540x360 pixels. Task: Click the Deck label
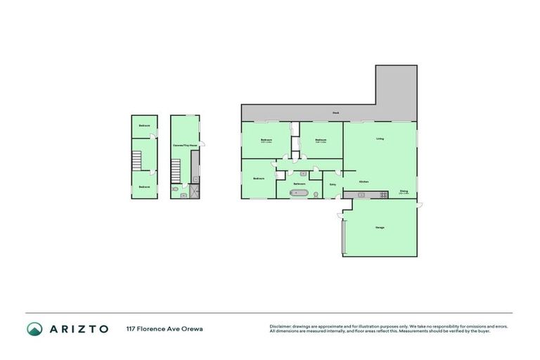click(336, 112)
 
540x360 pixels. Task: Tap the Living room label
click(380, 139)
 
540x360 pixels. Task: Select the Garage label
click(380, 227)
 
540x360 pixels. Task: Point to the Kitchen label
click(364, 181)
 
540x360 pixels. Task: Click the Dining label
click(404, 191)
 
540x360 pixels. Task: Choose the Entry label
click(333, 185)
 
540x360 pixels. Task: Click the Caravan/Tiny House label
click(185, 145)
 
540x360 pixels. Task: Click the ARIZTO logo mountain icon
click(34, 328)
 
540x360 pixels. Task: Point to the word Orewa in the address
click(193, 328)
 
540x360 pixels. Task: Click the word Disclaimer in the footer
click(280, 326)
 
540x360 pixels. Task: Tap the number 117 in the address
click(131, 328)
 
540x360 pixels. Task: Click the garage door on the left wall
click(343, 236)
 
